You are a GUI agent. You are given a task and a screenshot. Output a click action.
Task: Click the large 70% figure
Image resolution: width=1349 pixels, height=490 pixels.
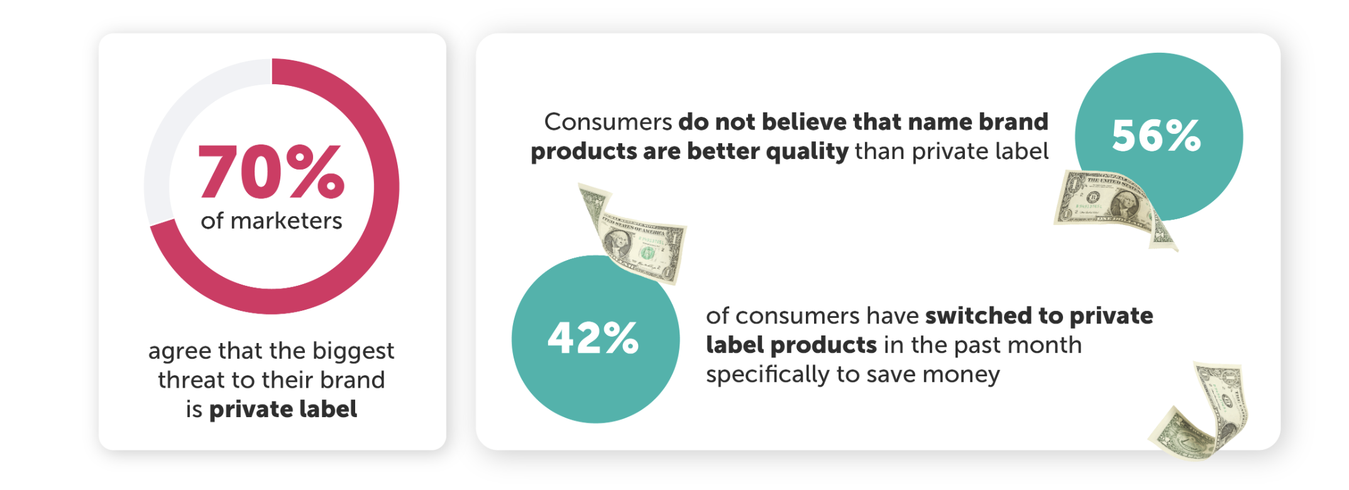click(272, 171)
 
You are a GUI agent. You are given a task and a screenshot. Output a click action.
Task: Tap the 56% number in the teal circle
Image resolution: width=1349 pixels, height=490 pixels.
click(1157, 136)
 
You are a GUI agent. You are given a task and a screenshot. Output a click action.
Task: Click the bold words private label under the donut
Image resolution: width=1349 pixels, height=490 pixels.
click(283, 410)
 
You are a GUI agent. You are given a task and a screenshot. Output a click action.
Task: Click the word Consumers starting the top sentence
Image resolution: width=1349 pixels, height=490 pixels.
click(608, 122)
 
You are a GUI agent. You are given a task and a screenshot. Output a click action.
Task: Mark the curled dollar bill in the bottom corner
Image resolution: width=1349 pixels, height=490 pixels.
click(1201, 411)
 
